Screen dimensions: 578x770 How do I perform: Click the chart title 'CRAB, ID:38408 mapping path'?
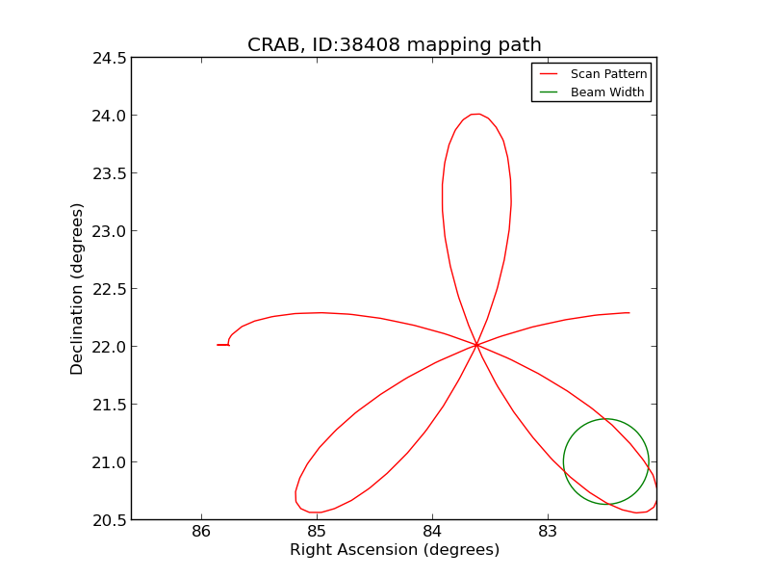(394, 45)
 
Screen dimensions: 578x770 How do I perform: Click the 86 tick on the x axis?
(201, 532)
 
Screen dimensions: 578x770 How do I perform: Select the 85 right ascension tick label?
(317, 532)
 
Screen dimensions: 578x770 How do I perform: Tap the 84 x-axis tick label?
(432, 532)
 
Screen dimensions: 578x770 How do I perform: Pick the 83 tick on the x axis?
(548, 532)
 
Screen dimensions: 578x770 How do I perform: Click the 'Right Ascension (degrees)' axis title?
(394, 550)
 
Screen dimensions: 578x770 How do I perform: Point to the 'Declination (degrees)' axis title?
(77, 289)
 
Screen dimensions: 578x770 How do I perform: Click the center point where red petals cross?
(476, 345)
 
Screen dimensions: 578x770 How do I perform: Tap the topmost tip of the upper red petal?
(475, 114)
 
